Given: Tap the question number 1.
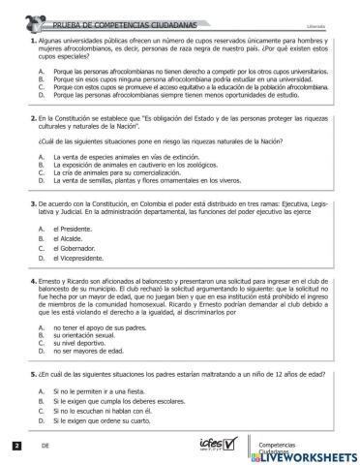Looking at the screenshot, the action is coord(34,41).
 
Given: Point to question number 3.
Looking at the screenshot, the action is coord(34,205).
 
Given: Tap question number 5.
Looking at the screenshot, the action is coord(34,371).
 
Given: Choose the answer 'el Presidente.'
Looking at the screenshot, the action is coord(75,228).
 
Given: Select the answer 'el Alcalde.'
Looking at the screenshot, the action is coord(70,238).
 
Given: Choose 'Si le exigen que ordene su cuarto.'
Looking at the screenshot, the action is coord(104,422).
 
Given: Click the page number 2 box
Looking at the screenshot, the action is coord(16,446).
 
